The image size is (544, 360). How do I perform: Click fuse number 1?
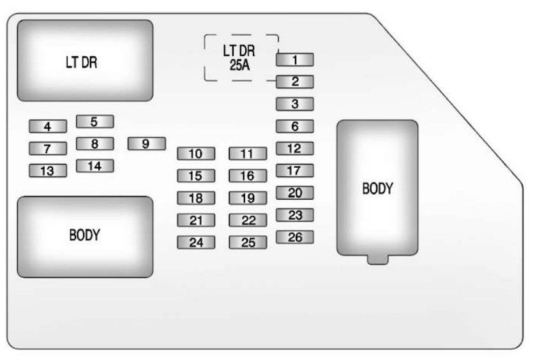pyautogui.click(x=294, y=60)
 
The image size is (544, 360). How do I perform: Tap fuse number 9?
pyautogui.click(x=146, y=144)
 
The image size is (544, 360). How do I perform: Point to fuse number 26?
pyautogui.click(x=294, y=237)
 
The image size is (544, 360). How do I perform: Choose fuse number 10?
pyautogui.click(x=195, y=153)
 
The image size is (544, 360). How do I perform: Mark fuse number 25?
pyautogui.click(x=248, y=243)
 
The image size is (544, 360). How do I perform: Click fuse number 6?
pyautogui.click(x=294, y=126)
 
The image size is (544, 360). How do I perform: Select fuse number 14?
pyautogui.click(x=94, y=166)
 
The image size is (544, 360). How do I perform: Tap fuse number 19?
pyautogui.click(x=248, y=198)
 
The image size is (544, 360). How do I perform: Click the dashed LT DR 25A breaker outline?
pyautogui.click(x=241, y=57)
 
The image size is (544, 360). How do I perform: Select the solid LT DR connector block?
pyautogui.click(x=85, y=61)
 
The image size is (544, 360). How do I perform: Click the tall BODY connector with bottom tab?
pyautogui.click(x=377, y=188)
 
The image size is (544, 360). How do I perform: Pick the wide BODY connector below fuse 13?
pyautogui.click(x=85, y=236)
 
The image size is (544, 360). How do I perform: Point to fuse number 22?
pyautogui.click(x=248, y=220)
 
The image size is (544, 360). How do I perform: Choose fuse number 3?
pyautogui.click(x=294, y=104)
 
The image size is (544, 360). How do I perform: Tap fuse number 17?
pyautogui.click(x=294, y=170)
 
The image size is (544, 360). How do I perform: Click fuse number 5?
pyautogui.click(x=94, y=121)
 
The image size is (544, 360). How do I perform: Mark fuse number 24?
pyautogui.click(x=195, y=243)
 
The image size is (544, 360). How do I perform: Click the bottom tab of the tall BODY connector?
pyautogui.click(x=377, y=258)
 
